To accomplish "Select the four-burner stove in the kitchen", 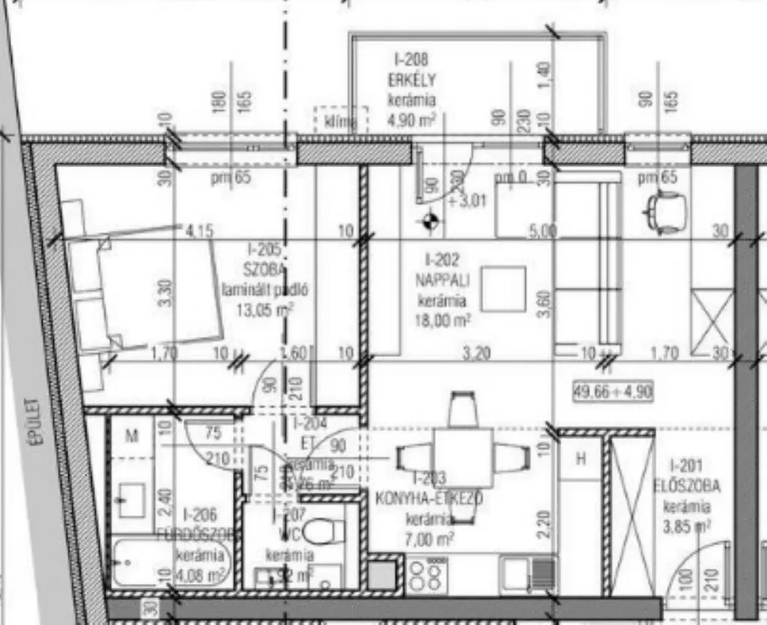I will point(427,575).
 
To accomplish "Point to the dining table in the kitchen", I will point(462,457).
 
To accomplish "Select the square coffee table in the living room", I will point(503,288).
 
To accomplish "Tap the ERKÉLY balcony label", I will point(411,80).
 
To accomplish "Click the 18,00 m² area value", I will point(443,320).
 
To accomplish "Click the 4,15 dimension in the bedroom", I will point(199,231).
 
